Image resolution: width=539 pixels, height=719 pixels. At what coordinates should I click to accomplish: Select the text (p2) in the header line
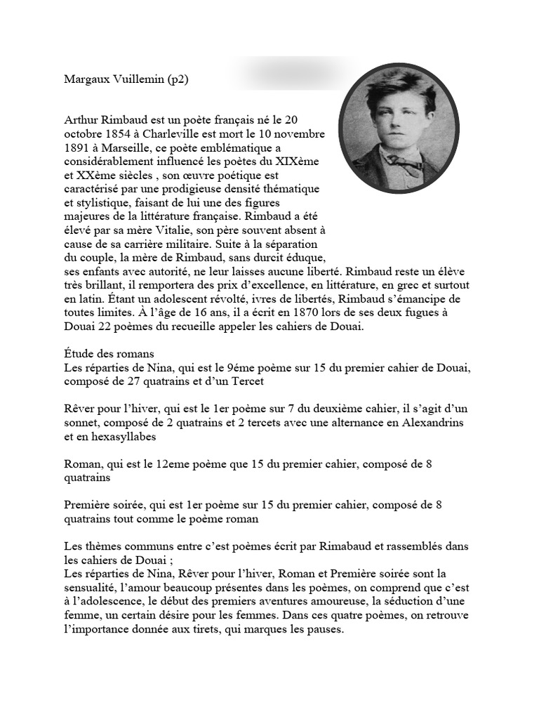(177, 80)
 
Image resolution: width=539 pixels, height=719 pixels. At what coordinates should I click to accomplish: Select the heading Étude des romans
(109, 353)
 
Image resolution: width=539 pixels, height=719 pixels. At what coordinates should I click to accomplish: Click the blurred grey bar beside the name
(281, 73)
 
